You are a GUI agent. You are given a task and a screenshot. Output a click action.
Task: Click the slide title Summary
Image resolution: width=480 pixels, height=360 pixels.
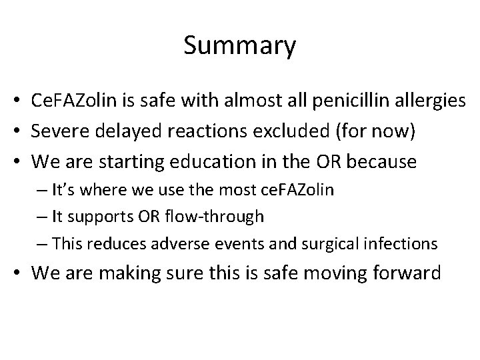[x=239, y=46]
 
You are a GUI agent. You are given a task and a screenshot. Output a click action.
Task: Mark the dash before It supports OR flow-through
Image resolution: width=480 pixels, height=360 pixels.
[x=44, y=217]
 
